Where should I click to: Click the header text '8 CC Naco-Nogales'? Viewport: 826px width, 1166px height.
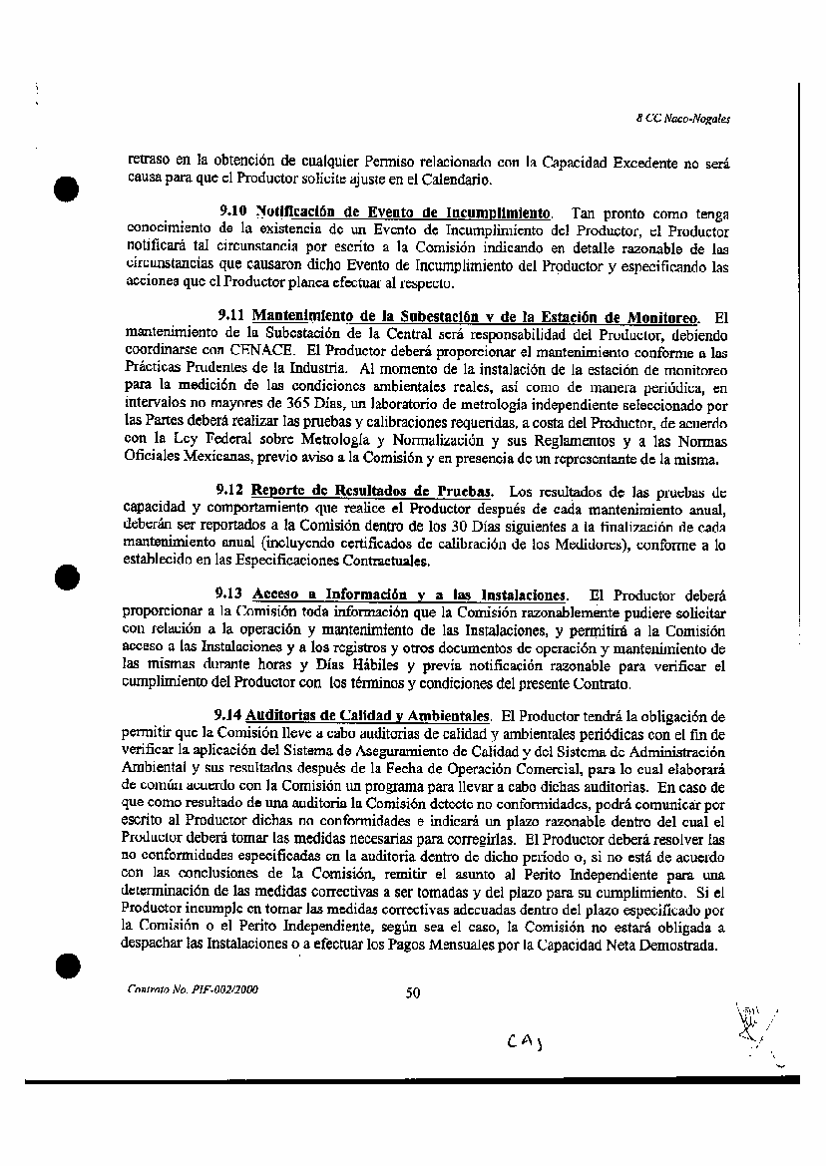pyautogui.click(x=683, y=118)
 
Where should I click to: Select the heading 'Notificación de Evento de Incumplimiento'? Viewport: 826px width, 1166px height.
pyautogui.click(x=402, y=213)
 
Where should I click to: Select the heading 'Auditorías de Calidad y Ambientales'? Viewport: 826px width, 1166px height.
pyautogui.click(x=367, y=715)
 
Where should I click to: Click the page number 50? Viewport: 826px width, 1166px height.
pyautogui.click(x=413, y=991)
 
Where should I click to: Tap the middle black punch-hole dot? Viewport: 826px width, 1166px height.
pyautogui.click(x=67, y=577)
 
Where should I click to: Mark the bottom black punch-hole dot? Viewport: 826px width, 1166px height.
pyautogui.click(x=67, y=964)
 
